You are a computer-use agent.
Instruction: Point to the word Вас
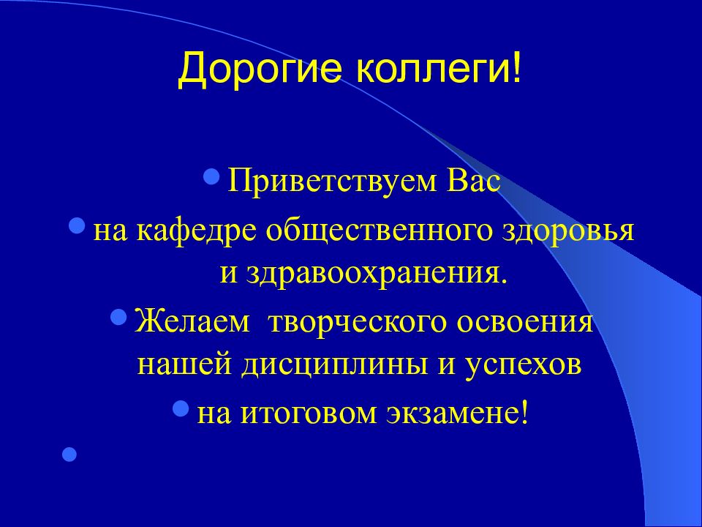(x=470, y=182)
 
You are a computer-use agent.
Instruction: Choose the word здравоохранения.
(x=374, y=274)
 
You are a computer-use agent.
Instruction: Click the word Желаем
(x=191, y=323)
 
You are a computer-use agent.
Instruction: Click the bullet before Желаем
(x=119, y=317)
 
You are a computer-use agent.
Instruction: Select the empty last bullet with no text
(x=69, y=455)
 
